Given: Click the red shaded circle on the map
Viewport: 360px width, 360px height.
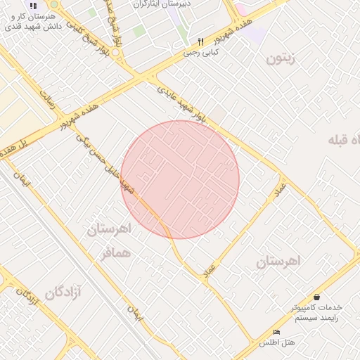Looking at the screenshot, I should click(180, 179).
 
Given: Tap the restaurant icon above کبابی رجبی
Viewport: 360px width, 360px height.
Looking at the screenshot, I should click(200, 41).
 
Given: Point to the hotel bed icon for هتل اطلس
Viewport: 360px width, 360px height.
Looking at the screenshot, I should click(276, 332).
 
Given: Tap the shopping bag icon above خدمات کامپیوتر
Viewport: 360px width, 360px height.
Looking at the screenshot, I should click(316, 297).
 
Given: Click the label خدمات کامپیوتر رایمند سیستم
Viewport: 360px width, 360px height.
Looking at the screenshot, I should click(316, 313).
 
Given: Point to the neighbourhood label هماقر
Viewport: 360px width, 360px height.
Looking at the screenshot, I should click(115, 254).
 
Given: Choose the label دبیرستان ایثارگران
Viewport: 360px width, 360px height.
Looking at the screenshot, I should click(159, 4).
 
